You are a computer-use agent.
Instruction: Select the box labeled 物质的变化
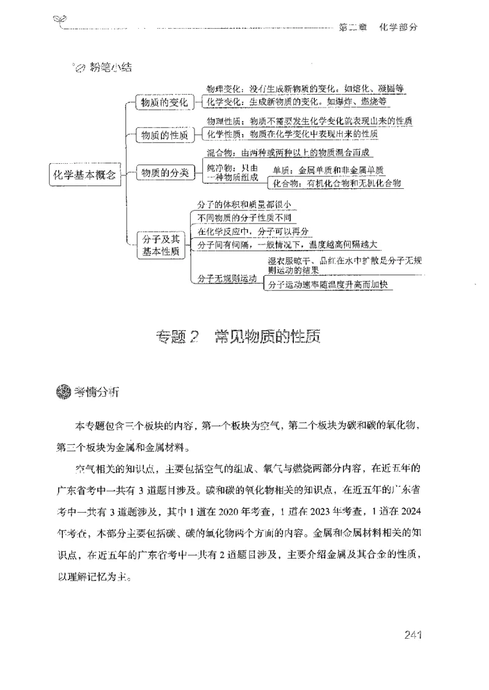[x=163, y=102]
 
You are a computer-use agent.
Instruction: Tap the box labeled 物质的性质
[x=163, y=135]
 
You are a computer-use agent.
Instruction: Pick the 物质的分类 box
[x=163, y=174]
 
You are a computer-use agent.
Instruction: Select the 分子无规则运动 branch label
[x=227, y=279]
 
